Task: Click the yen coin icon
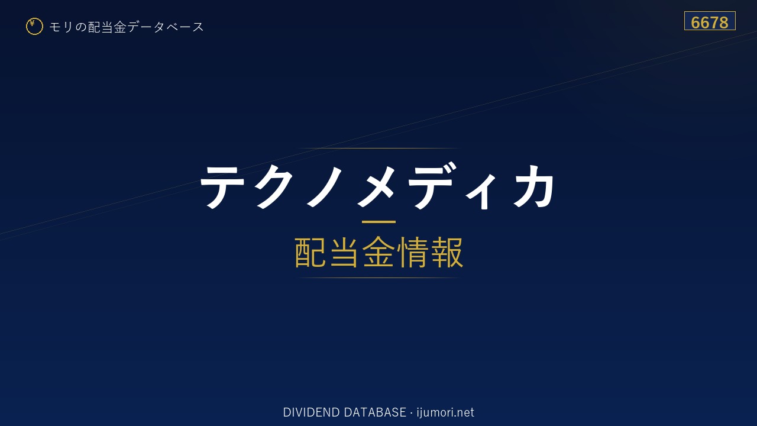34,27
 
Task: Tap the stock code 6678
709,22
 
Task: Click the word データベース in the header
166,27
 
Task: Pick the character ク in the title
273,186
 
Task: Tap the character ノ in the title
325,186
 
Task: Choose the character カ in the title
533,186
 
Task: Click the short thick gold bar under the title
378,222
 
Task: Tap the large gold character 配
310,252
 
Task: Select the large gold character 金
378,252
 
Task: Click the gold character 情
412,252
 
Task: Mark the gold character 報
447,252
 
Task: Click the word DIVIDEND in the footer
311,412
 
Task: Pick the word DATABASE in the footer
375,412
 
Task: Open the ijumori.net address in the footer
445,413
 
